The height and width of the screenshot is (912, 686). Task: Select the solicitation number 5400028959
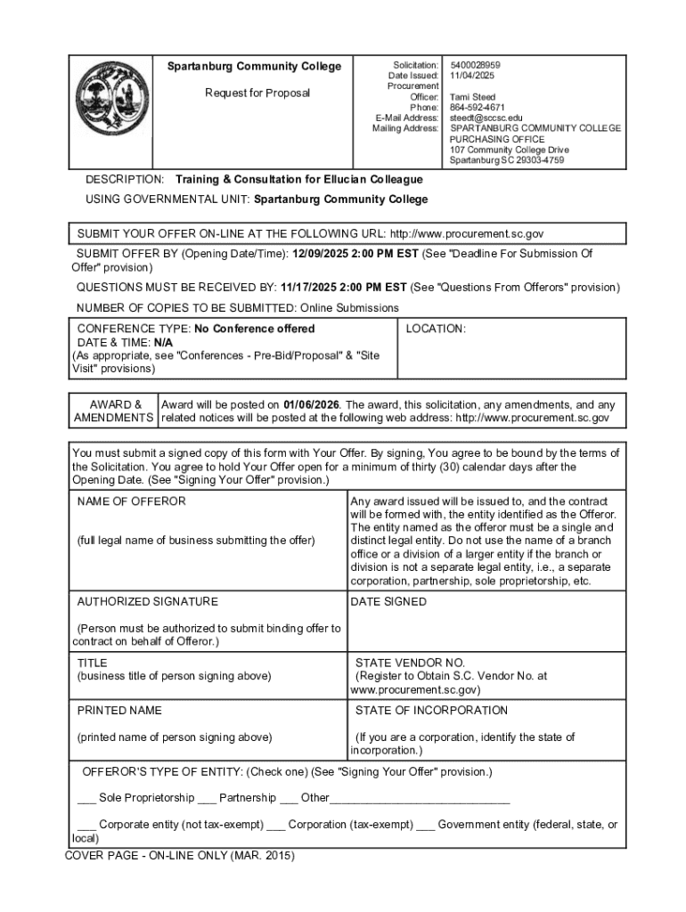[476, 65]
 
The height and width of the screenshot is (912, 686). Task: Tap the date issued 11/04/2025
[472, 76]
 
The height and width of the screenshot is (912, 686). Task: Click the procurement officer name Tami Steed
[472, 97]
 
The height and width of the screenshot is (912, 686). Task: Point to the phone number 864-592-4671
[478, 108]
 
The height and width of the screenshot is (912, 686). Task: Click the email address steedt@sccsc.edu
[486, 118]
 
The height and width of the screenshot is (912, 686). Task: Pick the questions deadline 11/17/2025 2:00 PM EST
[343, 288]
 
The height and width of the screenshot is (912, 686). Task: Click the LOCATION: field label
[436, 329]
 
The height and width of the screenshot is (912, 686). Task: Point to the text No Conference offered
[254, 329]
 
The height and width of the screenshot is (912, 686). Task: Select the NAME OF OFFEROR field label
[132, 501]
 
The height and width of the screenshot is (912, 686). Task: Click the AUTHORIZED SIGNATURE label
[147, 602]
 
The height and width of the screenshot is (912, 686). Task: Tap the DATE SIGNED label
[388, 602]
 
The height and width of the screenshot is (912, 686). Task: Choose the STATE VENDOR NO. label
[410, 664]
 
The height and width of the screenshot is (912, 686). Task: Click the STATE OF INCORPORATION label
[431, 711]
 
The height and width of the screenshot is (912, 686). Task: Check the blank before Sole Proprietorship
[86, 798]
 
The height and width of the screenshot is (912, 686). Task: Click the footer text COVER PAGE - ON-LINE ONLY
[179, 856]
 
